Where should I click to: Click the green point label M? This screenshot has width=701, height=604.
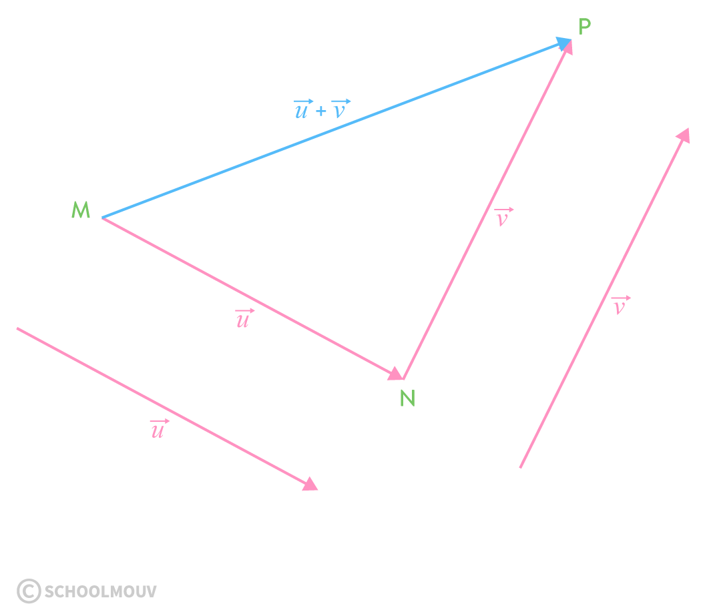point(81,210)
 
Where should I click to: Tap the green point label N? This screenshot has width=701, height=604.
point(407,398)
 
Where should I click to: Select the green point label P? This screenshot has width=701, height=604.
point(585,27)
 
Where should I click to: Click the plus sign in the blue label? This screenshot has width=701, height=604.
point(321,111)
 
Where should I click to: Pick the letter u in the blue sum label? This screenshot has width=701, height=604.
point(302,110)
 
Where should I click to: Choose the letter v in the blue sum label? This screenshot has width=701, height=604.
point(340,110)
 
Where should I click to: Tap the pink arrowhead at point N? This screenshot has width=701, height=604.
point(395,374)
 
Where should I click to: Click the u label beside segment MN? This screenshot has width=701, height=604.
point(244,320)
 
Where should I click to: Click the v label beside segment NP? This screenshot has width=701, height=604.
point(503,218)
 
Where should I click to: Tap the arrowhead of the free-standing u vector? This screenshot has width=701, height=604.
point(310,484)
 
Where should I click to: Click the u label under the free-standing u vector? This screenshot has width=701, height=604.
point(158,430)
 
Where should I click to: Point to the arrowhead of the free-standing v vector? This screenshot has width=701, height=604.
point(683,135)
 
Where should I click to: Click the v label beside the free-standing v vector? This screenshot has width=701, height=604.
point(620,306)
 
